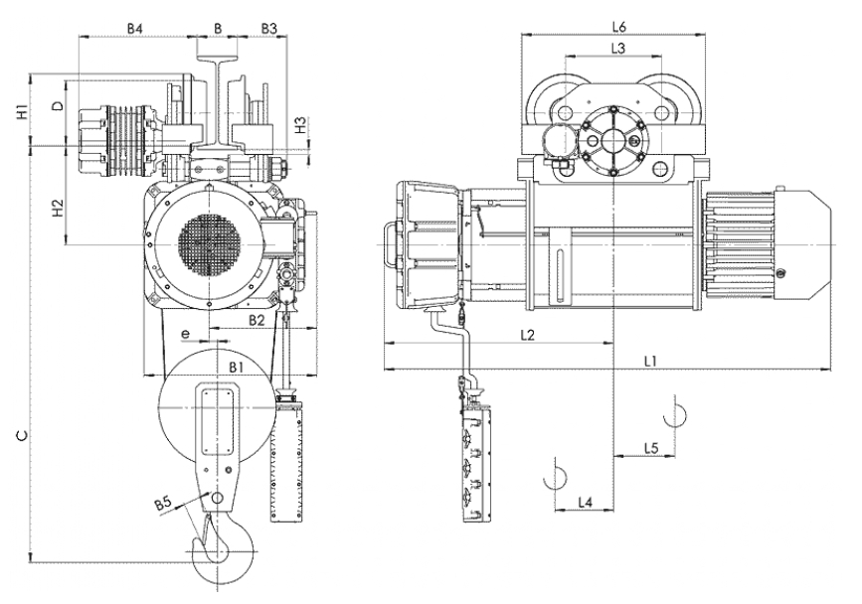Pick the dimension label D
pos(58,104)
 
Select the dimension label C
pos(22,435)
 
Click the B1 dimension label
pos(236,368)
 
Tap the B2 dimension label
pos(257,320)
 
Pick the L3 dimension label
pos(616,48)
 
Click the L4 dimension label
pos(586,504)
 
